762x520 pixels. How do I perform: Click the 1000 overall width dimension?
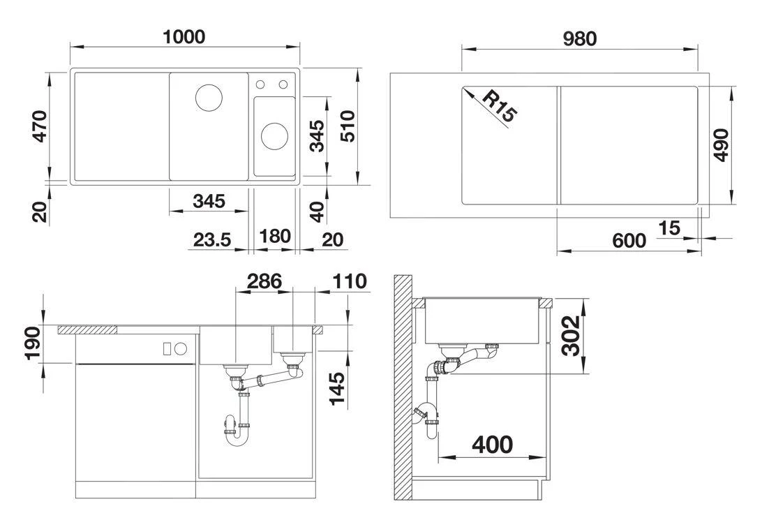184,36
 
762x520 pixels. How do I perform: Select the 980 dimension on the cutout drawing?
580,39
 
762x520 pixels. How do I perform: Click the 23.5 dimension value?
211,240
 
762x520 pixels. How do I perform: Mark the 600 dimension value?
629,241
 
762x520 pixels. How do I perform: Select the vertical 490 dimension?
721,145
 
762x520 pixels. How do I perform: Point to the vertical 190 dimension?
33,343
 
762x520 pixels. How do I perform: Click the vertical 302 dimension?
572,336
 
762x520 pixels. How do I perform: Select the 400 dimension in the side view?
492,444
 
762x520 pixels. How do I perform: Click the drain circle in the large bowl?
208,98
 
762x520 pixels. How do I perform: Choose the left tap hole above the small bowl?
260,84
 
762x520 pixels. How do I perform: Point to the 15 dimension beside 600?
668,228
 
